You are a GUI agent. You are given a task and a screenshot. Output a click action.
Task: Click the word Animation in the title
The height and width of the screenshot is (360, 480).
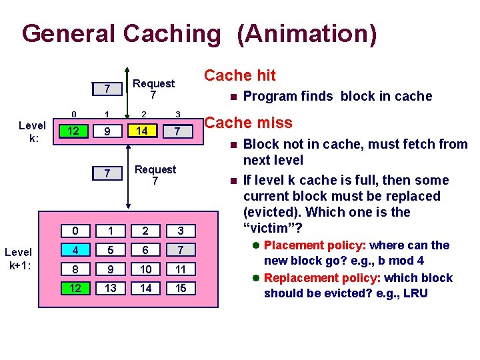pyautogui.click(x=306, y=34)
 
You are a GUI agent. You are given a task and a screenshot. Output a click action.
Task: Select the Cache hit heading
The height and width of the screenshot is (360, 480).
pyautogui.click(x=239, y=75)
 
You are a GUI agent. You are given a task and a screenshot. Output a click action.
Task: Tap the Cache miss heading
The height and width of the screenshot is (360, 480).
pyautogui.click(x=248, y=123)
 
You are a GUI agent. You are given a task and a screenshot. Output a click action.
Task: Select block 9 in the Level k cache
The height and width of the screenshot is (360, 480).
pyautogui.click(x=107, y=131)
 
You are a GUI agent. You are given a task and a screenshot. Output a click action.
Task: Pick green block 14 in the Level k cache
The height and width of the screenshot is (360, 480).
pyautogui.click(x=143, y=131)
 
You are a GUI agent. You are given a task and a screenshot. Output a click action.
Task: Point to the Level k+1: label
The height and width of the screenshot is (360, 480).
pyautogui.click(x=18, y=258)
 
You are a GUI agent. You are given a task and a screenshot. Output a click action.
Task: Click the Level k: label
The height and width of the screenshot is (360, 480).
pyautogui.click(x=32, y=131)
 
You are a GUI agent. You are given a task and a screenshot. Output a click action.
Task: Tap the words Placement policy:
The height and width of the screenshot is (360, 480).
pyautogui.click(x=314, y=245)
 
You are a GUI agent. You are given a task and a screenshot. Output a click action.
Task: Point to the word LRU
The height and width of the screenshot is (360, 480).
pyautogui.click(x=415, y=294)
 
